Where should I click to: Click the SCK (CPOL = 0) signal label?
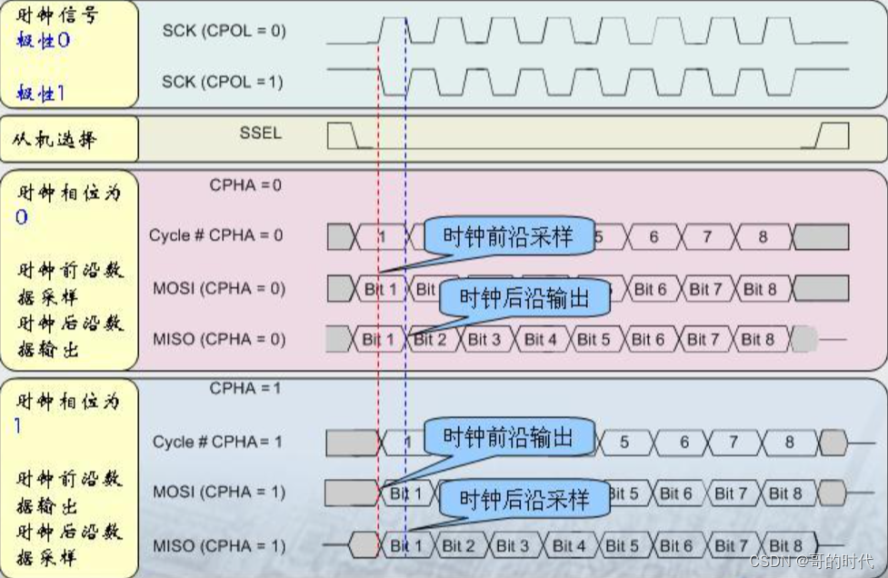coord(224,31)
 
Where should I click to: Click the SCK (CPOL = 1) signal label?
coord(224,82)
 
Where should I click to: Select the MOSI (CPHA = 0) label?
coord(219,289)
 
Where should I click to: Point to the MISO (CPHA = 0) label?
coord(219,339)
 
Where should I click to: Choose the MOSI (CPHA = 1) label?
coord(219,492)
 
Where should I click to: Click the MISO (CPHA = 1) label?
coord(219,546)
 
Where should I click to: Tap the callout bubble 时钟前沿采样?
coord(508,236)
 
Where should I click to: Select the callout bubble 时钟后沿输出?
coord(523,297)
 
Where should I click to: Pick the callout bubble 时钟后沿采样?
coord(523,499)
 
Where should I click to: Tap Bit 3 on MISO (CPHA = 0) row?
coord(484,339)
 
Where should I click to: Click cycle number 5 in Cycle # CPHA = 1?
coord(624,442)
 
